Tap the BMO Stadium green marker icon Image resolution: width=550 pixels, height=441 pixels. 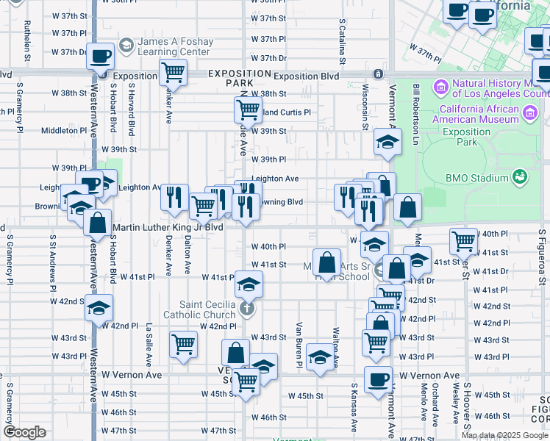521,177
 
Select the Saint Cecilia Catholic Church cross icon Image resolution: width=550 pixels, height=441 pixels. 248,308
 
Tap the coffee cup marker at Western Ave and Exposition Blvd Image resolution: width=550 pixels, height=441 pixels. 100,56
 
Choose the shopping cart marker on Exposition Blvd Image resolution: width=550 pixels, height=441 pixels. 173,73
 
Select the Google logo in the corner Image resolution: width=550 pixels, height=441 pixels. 25,432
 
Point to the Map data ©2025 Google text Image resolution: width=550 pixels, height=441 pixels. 504,435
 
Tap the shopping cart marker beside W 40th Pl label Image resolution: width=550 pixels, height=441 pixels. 463,240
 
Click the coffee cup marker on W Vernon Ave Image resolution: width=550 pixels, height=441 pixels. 378,380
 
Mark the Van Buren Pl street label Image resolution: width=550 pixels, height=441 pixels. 299,345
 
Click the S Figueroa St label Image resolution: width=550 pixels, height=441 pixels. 542,257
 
